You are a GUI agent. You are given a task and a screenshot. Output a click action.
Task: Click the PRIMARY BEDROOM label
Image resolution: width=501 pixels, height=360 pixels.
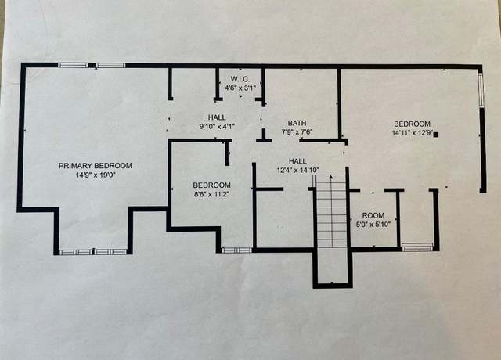tap(96, 165)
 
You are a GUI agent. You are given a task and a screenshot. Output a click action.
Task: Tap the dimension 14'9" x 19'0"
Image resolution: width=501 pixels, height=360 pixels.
tap(96, 175)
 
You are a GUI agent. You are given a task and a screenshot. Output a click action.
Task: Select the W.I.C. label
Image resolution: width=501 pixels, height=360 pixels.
tap(240, 79)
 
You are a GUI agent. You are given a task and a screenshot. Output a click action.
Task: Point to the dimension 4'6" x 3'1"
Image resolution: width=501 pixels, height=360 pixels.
tap(240, 88)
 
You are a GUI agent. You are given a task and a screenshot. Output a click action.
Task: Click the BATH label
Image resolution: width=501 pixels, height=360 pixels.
tap(297, 123)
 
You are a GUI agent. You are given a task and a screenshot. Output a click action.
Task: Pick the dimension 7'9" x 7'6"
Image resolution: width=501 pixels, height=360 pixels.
tap(297, 131)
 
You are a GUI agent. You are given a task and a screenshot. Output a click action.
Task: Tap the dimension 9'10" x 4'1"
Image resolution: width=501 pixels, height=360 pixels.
tap(217, 127)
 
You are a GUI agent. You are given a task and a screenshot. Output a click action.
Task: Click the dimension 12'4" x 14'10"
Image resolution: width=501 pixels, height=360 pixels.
tap(297, 171)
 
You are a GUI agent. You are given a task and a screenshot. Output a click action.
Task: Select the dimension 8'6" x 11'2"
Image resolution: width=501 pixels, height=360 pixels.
tap(212, 194)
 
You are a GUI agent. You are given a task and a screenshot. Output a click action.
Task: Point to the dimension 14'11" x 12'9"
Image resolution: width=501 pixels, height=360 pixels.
tap(413, 132)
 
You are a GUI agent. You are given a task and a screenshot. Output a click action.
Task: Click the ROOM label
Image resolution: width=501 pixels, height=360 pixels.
tap(373, 215)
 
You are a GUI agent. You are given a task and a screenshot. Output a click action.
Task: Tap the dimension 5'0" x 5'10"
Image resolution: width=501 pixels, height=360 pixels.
tap(373, 225)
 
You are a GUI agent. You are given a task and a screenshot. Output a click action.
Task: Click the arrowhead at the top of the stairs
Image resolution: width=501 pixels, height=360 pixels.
tap(331, 177)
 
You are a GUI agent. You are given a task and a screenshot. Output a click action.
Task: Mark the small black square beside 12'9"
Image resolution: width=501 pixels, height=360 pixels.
tap(436, 135)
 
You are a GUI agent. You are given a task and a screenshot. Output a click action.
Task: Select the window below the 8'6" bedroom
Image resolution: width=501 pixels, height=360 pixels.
tap(236, 250)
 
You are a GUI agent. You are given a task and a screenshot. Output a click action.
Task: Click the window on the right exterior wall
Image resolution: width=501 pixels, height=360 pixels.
tap(481, 90)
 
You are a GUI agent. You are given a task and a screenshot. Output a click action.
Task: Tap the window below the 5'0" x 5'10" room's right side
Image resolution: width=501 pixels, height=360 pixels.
tap(417, 247)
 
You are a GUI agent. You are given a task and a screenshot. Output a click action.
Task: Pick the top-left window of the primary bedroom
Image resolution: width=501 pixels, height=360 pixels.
tap(73, 66)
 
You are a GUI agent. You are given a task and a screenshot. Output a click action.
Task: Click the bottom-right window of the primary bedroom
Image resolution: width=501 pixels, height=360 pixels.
tap(111, 252)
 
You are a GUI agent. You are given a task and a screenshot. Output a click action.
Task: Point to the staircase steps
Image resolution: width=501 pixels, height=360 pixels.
tap(331, 211)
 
